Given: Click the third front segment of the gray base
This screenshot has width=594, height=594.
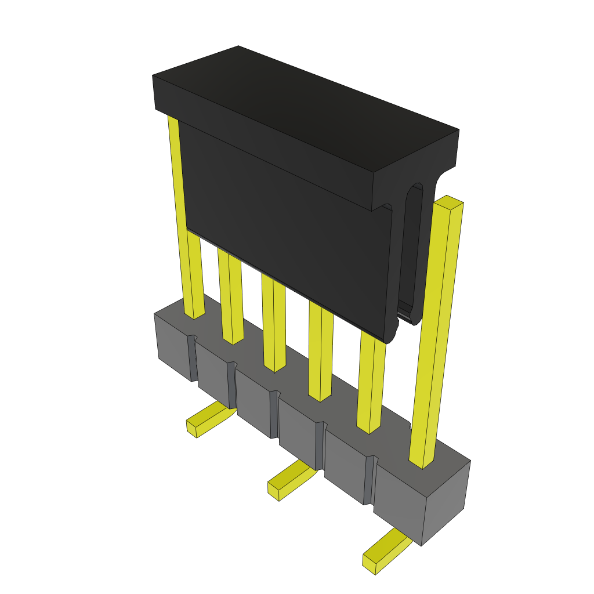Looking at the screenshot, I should tap(254, 403).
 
